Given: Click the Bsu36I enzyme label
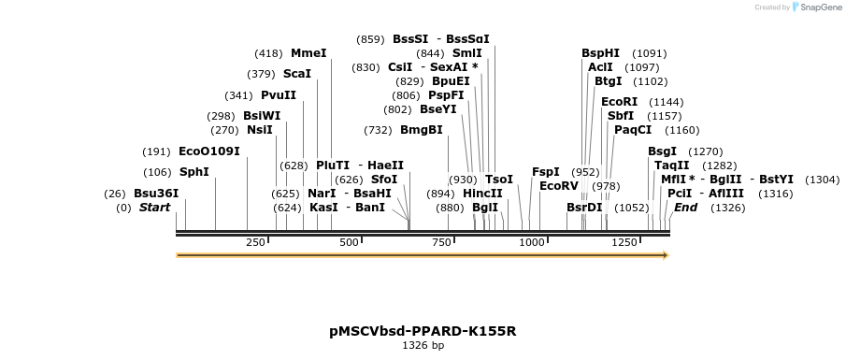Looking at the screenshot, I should click(156, 194).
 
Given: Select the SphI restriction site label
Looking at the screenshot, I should click(194, 172).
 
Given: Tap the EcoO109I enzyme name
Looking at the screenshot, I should click(209, 151).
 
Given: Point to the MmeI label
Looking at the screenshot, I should click(308, 53).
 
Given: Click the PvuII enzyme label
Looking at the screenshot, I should click(279, 95).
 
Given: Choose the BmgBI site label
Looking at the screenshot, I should click(422, 130).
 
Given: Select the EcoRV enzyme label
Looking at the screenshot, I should click(559, 185).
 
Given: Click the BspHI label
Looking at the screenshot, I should click(601, 53).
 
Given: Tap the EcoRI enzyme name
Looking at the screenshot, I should click(620, 102).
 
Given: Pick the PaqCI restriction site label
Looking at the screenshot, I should click(633, 130).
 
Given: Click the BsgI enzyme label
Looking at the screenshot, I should click(663, 151).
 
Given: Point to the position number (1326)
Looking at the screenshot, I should click(728, 208).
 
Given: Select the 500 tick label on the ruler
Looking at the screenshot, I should click(349, 243).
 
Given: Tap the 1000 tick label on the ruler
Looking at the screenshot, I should click(532, 243).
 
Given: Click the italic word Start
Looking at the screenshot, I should click(155, 208).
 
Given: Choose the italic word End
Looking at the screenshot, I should click(686, 208).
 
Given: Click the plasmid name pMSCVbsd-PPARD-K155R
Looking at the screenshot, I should click(423, 331).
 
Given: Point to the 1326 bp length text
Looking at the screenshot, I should click(423, 346).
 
